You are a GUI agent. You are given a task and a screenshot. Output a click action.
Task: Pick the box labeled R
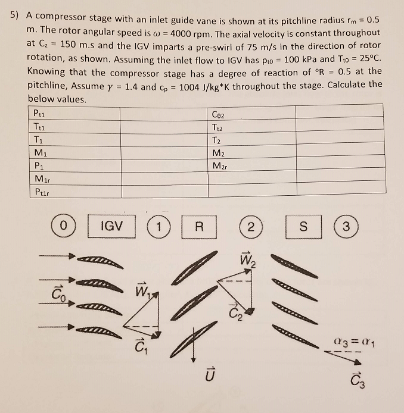(x=200, y=226)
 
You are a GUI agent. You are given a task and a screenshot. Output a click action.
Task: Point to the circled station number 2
(x=251, y=226)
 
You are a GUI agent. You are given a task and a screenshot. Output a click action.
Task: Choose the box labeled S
(x=303, y=226)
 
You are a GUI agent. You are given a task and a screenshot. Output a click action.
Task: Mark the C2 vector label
(x=233, y=312)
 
